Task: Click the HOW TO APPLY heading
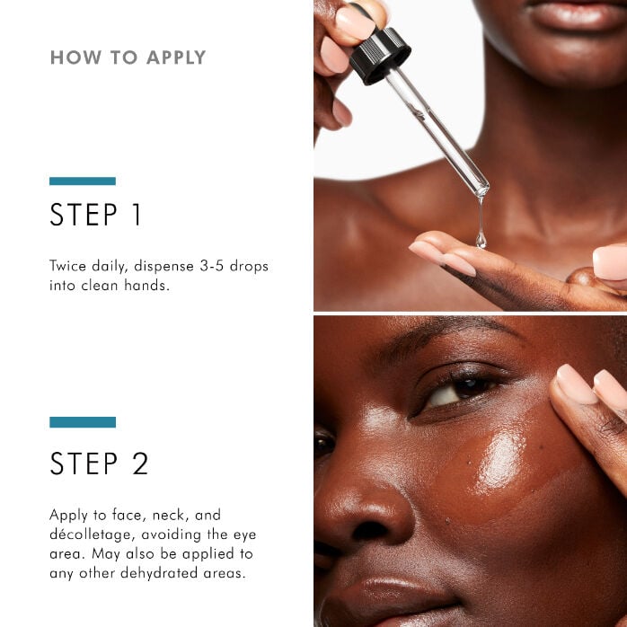(128, 57)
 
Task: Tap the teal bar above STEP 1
(83, 181)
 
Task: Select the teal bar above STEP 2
(83, 422)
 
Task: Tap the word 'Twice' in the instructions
(68, 267)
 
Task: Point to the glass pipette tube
(438, 131)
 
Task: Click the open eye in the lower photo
(458, 390)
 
